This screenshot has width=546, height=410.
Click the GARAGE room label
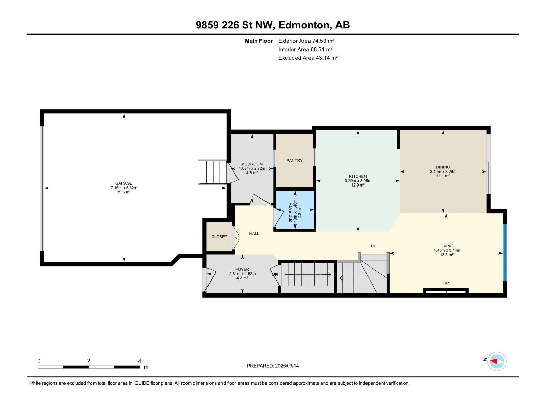[124, 183]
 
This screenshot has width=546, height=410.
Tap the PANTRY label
[294, 161]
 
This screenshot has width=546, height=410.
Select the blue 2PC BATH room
[295, 210]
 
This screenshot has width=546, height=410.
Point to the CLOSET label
[219, 237]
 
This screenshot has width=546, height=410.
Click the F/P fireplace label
[446, 283]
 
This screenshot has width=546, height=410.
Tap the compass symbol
[497, 361]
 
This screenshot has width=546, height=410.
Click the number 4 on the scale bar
[140, 361]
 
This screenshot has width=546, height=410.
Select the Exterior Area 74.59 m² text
[306, 41]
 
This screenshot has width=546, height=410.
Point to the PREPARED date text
[273, 366]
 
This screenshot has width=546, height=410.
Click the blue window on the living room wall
[505, 252]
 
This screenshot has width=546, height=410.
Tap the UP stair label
[373, 246]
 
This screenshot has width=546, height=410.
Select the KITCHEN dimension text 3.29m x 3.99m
[358, 181]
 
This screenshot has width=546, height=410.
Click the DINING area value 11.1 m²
[443, 176]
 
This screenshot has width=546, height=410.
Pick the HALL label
[254, 233]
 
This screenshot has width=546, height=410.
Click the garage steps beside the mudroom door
[213, 172]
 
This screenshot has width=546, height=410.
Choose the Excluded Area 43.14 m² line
[308, 58]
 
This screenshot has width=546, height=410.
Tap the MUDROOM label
[252, 164]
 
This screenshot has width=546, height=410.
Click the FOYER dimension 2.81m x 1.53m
[242, 274]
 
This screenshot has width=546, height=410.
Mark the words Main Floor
[259, 41]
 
